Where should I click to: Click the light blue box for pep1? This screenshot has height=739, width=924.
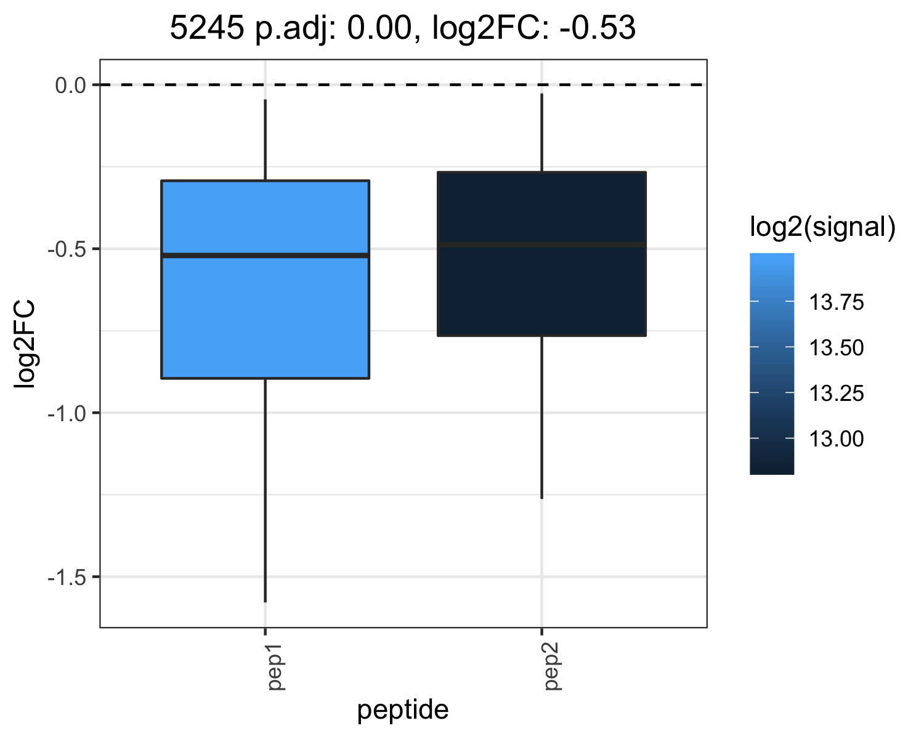(265, 280)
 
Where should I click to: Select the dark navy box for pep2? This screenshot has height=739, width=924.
(542, 254)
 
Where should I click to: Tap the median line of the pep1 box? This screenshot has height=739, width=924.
(265, 256)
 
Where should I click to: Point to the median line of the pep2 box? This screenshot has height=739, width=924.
(542, 245)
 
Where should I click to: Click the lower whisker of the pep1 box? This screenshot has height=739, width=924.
(265, 491)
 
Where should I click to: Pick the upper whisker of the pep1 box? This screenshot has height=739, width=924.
(265, 140)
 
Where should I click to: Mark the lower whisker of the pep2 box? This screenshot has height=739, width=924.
(542, 418)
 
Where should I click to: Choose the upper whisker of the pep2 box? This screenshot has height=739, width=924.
(542, 132)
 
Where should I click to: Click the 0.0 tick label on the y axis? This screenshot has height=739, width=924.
(71, 86)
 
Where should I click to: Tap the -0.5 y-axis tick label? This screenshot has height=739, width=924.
(67, 249)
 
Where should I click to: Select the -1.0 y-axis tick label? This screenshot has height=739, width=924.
(67, 413)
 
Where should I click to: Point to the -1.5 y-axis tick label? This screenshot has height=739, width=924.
(67, 578)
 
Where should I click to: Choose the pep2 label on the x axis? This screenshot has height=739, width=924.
(552, 667)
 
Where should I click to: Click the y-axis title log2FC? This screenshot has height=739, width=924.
(24, 344)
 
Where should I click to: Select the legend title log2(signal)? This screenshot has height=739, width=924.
(823, 227)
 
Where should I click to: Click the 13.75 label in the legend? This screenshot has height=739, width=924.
(836, 302)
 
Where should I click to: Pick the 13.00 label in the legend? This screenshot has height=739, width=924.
(836, 439)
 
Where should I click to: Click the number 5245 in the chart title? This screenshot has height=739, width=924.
(207, 28)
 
